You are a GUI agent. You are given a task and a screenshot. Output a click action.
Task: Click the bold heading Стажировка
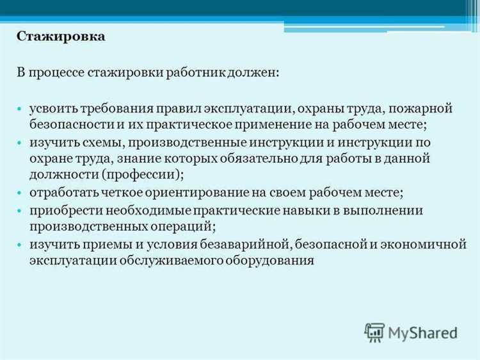61,37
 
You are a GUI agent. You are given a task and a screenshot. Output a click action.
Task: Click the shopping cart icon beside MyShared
374,332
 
